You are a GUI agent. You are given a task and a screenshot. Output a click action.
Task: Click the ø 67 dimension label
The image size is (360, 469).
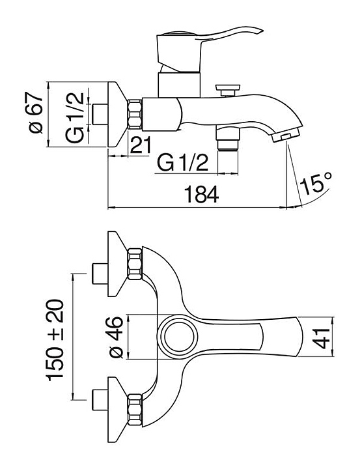click(x=36, y=113)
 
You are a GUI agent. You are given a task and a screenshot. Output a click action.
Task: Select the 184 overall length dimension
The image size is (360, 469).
click(x=202, y=194)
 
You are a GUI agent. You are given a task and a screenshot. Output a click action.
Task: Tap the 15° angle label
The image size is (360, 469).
click(x=316, y=183)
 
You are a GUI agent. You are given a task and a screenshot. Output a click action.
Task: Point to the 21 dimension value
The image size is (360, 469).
click(x=141, y=145)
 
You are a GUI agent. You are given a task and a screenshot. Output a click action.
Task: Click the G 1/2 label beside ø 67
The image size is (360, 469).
click(x=74, y=118)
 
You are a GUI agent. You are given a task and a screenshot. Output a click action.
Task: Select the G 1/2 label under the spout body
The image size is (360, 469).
click(x=182, y=162)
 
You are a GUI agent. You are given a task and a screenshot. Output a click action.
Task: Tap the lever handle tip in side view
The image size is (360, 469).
click(x=260, y=31)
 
